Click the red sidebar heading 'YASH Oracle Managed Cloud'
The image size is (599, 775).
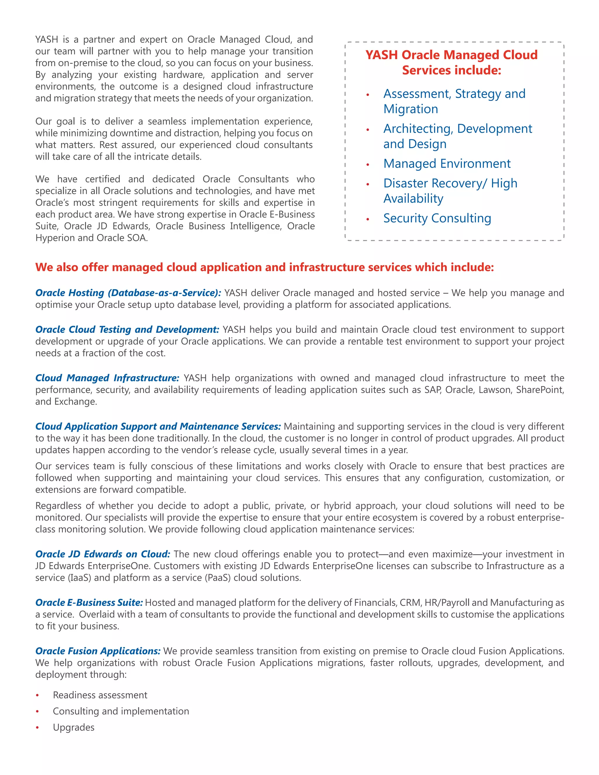pyautogui.click(x=451, y=55)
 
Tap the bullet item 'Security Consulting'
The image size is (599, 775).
pyautogui.click(x=437, y=218)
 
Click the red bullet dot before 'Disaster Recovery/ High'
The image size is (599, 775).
pyautogui.click(x=368, y=184)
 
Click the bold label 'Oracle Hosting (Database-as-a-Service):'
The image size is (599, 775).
pyautogui.click(x=128, y=293)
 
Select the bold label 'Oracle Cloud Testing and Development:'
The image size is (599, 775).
pyautogui.click(x=127, y=330)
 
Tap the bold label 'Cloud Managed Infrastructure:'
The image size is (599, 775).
pyautogui.click(x=107, y=378)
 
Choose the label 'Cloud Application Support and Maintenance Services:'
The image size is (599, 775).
pyautogui.click(x=158, y=426)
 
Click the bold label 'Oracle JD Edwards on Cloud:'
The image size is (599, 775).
pyautogui.click(x=103, y=554)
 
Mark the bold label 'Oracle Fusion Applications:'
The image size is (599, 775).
pyautogui.click(x=98, y=651)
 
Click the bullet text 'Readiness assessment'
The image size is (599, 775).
pyautogui.click(x=100, y=695)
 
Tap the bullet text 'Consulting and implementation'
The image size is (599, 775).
pyautogui.click(x=121, y=712)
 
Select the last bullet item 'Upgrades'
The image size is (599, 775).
pyautogui.click(x=74, y=727)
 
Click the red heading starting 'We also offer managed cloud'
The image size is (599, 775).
pyautogui.click(x=264, y=267)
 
